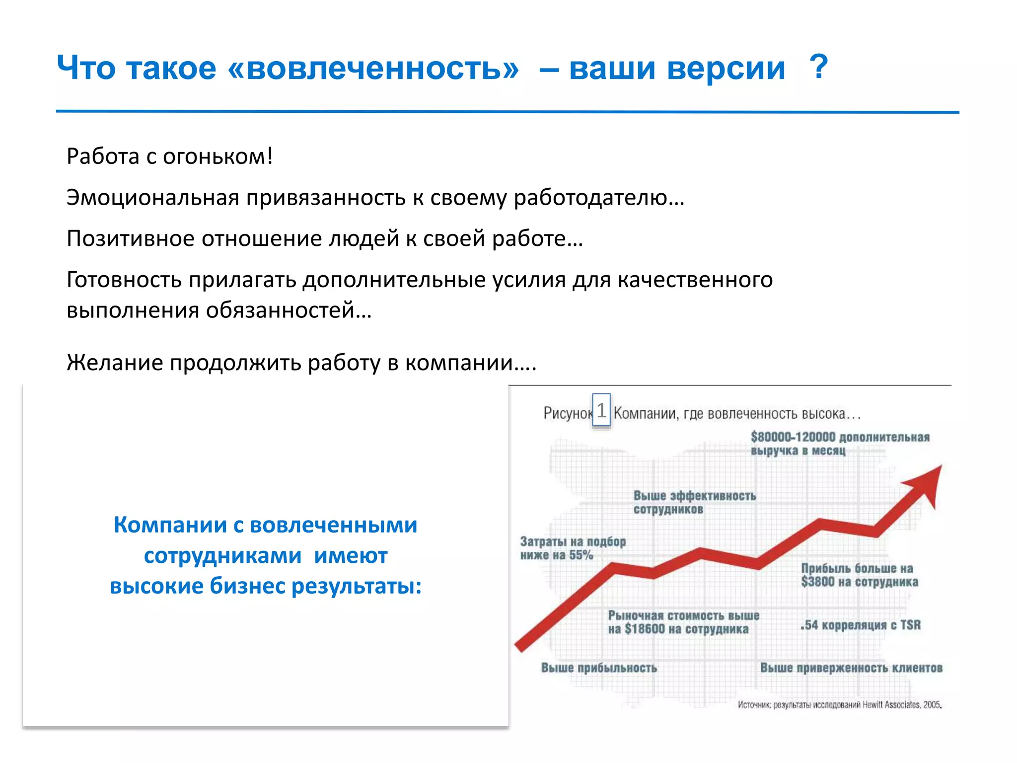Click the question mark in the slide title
[x=818, y=67]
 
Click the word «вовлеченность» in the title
[x=373, y=68]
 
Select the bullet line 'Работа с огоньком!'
[x=170, y=156]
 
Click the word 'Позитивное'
[x=130, y=239]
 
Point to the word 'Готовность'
[x=124, y=280]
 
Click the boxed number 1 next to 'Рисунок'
[x=601, y=411]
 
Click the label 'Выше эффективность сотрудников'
[x=694, y=502]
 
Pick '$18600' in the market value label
[x=644, y=629]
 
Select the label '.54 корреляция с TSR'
[x=860, y=625]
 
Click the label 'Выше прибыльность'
[x=598, y=668]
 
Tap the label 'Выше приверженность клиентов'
[x=851, y=668]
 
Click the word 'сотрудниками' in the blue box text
[x=222, y=556]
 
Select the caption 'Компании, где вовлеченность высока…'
[x=737, y=413]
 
